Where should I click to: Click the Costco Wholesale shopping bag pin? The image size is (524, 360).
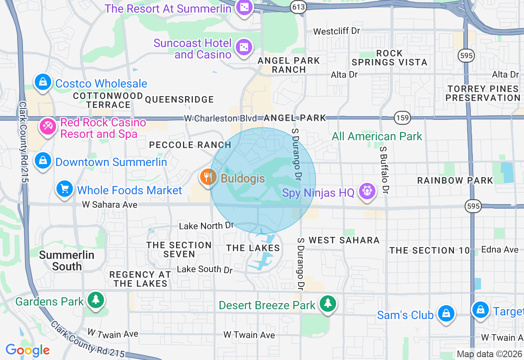coord(43,82)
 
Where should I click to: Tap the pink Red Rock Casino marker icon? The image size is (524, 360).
coord(47,126)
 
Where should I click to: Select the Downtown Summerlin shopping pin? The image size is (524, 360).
coord(43,161)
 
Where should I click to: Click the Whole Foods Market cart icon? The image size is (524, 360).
coord(65,189)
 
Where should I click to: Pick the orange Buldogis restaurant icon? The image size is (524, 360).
coord(208,178)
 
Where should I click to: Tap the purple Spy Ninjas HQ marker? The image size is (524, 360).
coord(367,191)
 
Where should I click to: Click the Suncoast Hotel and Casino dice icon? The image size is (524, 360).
coord(244,47)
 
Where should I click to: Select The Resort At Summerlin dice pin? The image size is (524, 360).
coord(244,8)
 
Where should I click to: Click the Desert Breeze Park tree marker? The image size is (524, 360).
coord(327,304)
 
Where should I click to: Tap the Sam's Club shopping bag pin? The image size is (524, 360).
coord(446,314)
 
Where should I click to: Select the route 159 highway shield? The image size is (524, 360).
coord(402,118)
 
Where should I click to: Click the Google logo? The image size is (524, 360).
coord(27,350)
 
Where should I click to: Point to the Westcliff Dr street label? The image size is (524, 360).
coord(336,31)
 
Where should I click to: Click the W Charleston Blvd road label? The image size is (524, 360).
coord(221,118)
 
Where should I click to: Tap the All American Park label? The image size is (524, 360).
coord(377,136)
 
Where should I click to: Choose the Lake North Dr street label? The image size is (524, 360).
coord(206,226)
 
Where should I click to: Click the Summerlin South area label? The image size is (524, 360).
coord(67,261)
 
